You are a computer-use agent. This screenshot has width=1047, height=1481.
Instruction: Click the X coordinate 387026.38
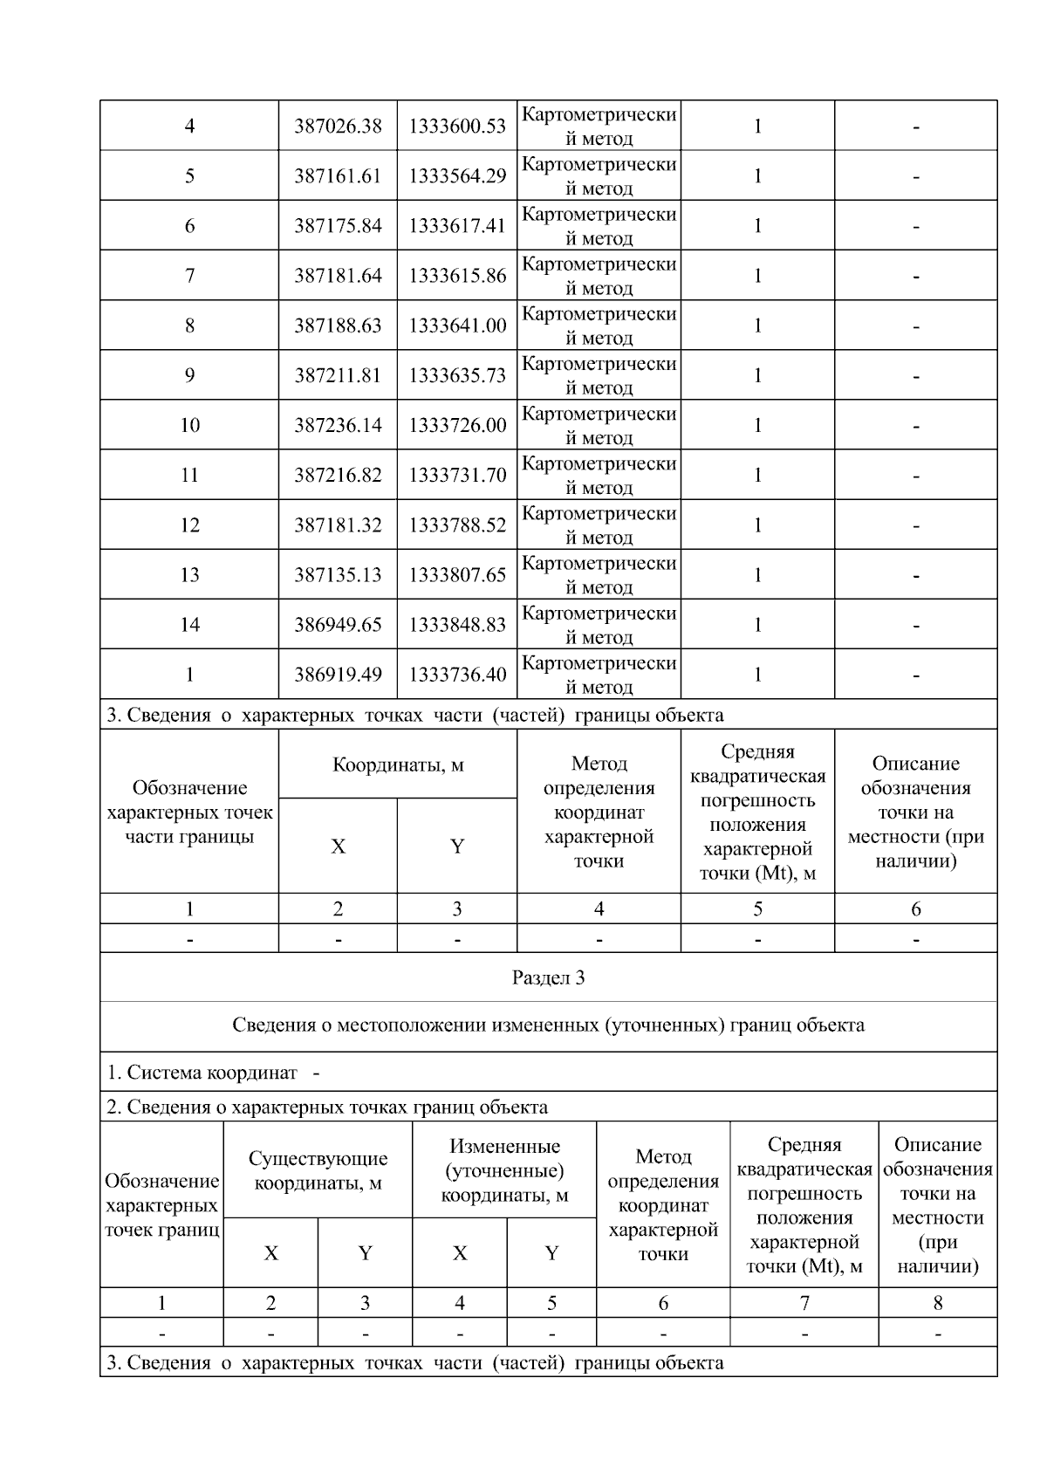[x=338, y=127]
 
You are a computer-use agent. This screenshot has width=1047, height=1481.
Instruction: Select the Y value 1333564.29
[x=457, y=176]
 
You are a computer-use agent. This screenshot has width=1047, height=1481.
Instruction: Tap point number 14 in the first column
[x=189, y=625]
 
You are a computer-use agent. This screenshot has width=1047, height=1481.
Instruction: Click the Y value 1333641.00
[x=457, y=326]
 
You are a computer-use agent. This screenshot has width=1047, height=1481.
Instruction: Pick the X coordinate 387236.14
[x=338, y=425]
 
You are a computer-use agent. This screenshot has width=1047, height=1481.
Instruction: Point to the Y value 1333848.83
[x=457, y=625]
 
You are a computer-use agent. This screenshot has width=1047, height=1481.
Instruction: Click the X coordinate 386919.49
[x=338, y=675]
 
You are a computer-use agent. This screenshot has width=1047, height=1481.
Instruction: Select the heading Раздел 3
[x=548, y=977]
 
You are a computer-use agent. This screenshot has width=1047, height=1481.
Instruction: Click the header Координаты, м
[x=398, y=765]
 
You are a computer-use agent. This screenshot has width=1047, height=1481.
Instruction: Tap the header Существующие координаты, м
[x=318, y=1171]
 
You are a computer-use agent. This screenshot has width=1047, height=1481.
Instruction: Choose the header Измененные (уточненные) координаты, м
[x=504, y=1171]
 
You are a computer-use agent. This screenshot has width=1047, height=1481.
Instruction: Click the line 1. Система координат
[x=213, y=1073]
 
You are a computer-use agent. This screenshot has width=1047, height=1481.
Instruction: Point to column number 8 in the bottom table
[x=938, y=1304]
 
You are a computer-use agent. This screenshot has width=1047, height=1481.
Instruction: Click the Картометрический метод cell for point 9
[x=599, y=375]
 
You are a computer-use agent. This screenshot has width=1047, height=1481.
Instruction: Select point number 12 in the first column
[x=189, y=525]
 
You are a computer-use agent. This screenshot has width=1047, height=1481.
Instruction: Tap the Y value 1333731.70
[x=457, y=476]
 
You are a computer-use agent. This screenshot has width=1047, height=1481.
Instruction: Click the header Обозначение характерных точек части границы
[x=189, y=812]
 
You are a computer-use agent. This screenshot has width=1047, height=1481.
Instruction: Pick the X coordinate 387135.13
[x=338, y=575]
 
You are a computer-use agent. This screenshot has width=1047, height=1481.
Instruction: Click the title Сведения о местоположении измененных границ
[x=548, y=1025]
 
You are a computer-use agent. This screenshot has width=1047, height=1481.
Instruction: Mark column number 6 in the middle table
[x=915, y=909]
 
